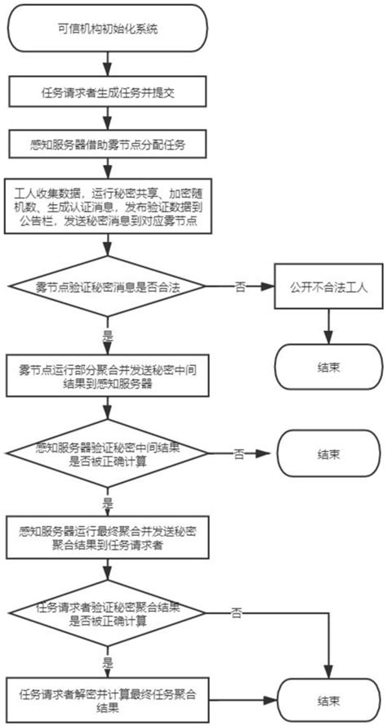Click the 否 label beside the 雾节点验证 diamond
238,287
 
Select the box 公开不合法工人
327,287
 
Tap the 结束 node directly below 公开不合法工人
327,365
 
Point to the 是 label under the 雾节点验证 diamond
107,336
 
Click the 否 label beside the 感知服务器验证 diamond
238,452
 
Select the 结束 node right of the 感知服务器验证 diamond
327,453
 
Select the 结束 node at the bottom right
327,699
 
